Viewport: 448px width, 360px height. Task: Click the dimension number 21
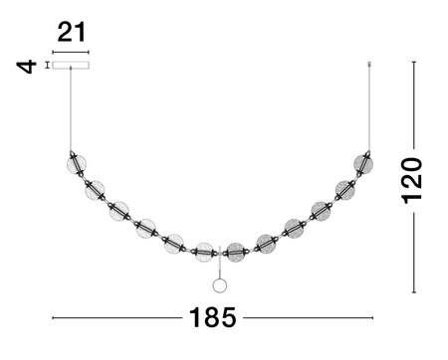coord(71,32)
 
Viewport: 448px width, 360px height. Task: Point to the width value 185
coord(213,318)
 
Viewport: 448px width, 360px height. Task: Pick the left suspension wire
coord(71,109)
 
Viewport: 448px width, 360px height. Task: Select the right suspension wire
coord(370,104)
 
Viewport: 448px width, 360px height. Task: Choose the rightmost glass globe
coord(363,164)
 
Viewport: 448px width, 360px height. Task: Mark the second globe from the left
coord(96,189)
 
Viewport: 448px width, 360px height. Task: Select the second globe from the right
coord(345,189)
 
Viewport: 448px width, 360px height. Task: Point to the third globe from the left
coord(119,211)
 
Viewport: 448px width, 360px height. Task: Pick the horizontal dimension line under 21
coord(71,52)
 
